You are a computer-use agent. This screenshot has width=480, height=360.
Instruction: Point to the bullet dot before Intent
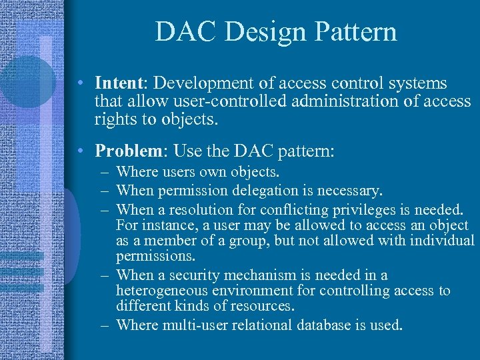79,84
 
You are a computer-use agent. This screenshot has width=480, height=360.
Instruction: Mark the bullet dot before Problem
79,151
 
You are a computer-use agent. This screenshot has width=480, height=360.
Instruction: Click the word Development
201,83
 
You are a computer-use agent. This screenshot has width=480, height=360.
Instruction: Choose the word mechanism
261,275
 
